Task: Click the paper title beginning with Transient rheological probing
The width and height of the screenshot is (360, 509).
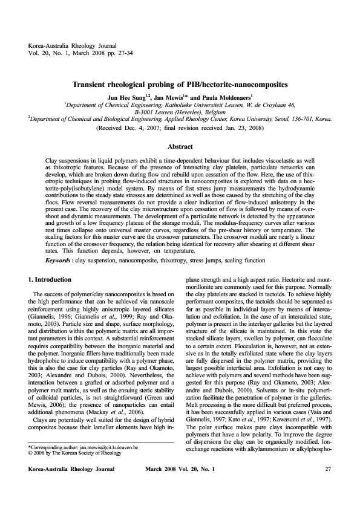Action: (180, 86)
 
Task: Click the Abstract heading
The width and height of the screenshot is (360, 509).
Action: (180, 146)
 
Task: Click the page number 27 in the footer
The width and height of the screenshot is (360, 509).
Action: (328, 486)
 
